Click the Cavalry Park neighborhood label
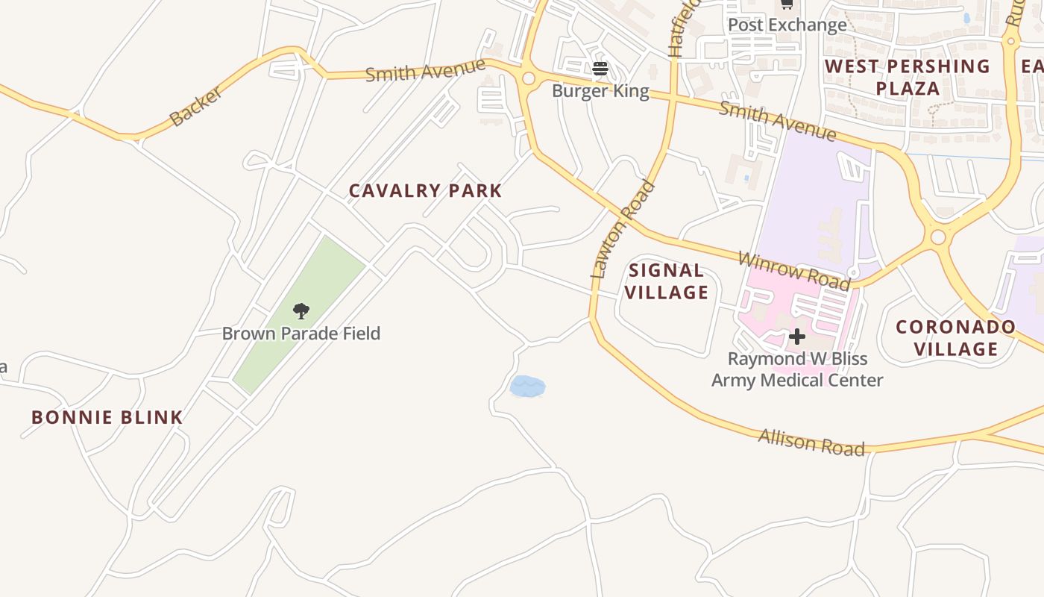point(425,191)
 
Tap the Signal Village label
point(666,281)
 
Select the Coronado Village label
point(955,338)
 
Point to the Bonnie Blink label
point(107,417)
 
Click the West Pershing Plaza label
point(908,78)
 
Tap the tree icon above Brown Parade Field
point(301,311)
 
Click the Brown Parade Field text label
point(301,333)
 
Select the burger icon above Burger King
point(600,69)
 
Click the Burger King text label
point(600,91)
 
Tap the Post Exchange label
point(787,25)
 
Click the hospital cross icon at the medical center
point(796,337)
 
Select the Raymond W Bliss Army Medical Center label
point(796,369)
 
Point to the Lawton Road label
point(623,229)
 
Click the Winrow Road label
point(793,271)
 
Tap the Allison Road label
point(811,442)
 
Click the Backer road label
point(195,106)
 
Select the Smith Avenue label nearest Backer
point(425,70)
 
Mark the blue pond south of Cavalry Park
point(527,387)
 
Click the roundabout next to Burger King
point(529,78)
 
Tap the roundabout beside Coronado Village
point(938,237)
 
